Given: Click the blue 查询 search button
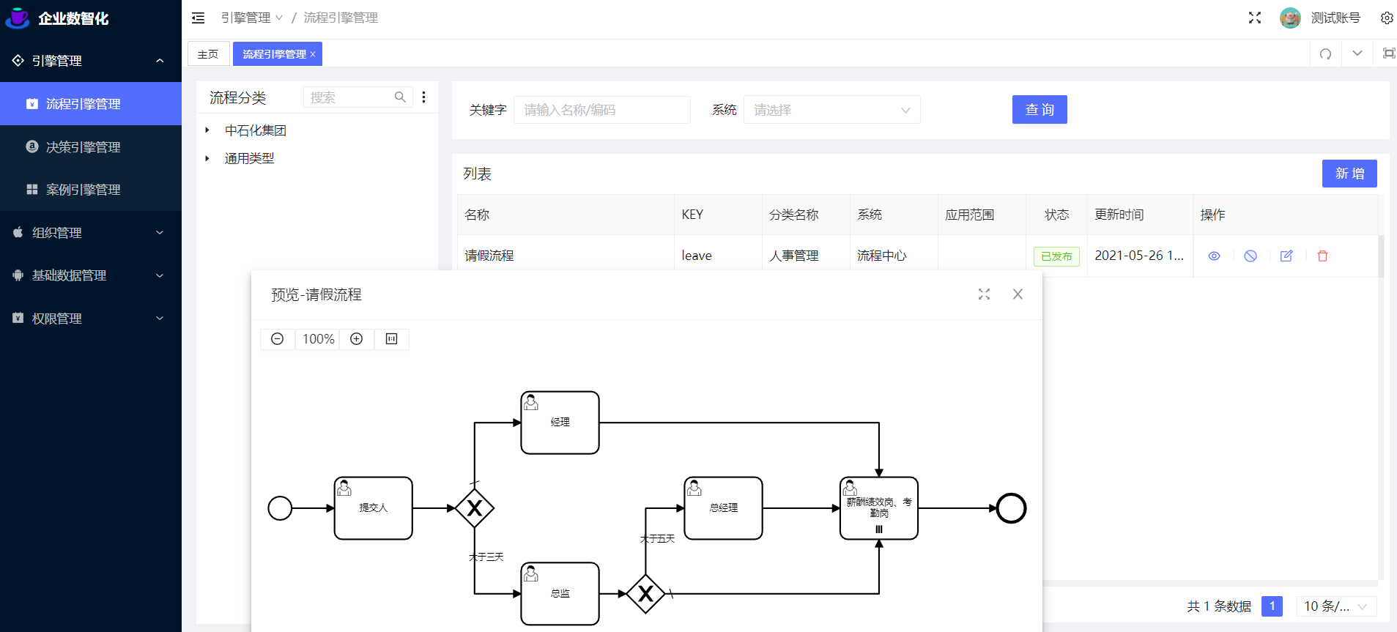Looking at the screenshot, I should pos(1039,110).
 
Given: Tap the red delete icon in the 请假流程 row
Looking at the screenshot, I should pos(1322,256).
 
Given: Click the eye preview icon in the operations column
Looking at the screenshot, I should pos(1214,256).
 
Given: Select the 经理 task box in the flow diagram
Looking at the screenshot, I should pos(560,423).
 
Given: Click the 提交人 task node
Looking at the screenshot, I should pos(373,508).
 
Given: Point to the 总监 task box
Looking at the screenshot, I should pos(560,594).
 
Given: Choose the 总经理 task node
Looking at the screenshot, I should pos(723,508).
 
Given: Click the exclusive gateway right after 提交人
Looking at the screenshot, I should pos(475,508).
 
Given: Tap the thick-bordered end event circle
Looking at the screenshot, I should pos(1011,508).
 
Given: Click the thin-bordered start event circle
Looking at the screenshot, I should pos(280,508).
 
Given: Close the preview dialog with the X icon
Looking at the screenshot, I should pos(1018,294).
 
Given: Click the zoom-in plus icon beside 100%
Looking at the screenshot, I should pos(357,339).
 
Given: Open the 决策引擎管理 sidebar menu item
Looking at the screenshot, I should pos(83,147).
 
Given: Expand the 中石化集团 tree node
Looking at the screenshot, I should pos(207,130).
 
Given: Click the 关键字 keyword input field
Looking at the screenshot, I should pos(601,110).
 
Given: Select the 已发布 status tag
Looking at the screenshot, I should pos(1056,256).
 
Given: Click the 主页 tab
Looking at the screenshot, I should pos(208,54).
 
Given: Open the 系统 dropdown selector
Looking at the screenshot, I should pos(831,110).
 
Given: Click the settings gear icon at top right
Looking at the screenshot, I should pos(1386,18).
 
